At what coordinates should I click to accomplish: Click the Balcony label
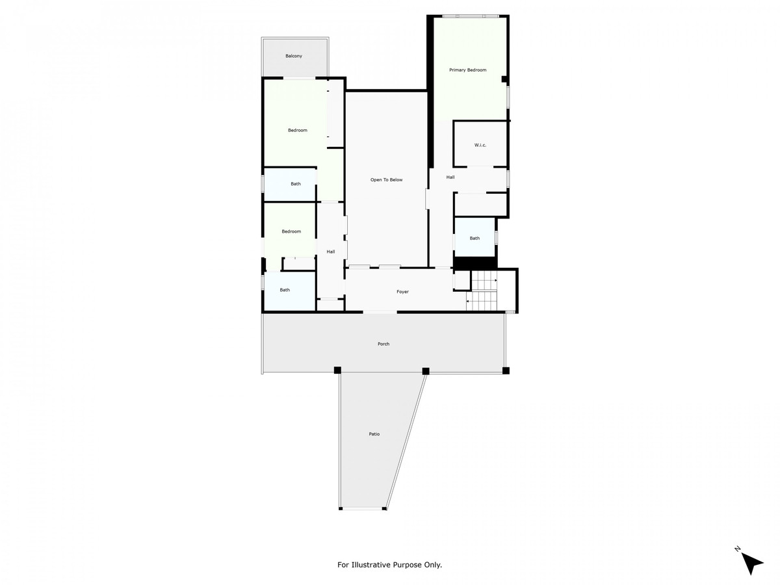(294, 56)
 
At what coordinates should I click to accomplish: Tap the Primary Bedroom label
(467, 70)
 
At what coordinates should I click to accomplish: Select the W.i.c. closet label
(480, 145)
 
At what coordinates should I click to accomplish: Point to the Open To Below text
(386, 180)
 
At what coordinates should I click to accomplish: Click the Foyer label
(402, 292)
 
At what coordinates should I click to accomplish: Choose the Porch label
(383, 344)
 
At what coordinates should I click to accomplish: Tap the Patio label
(374, 434)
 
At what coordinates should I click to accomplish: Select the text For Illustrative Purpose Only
(389, 564)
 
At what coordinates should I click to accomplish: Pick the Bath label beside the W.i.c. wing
(474, 239)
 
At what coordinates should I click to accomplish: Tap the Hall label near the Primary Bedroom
(450, 177)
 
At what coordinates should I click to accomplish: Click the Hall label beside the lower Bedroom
(330, 252)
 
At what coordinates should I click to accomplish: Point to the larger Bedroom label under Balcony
(298, 131)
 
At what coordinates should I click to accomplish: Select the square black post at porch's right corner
(506, 370)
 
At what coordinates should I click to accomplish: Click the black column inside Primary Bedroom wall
(504, 79)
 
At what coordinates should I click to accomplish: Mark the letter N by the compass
(737, 549)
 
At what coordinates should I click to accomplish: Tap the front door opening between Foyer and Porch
(380, 312)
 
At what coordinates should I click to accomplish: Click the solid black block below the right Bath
(474, 263)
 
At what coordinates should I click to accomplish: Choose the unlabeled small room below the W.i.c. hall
(480, 205)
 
